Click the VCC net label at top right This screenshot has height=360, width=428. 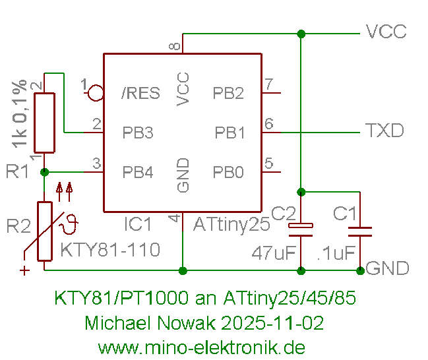tap(386, 32)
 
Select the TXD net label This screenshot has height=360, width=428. tap(384, 131)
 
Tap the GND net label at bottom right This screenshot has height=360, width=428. tap(387, 269)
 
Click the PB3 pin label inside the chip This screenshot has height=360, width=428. tap(138, 133)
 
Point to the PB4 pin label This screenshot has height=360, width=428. tap(138, 173)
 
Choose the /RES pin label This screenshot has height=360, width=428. tap(140, 93)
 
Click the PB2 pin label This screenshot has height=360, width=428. tap(228, 93)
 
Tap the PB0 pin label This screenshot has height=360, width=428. tap(228, 173)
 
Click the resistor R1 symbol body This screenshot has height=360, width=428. tap(44, 123)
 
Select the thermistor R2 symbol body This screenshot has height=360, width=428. tap(44, 231)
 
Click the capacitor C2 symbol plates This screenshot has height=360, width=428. tap(301, 228)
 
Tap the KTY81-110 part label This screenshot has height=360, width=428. tap(110, 251)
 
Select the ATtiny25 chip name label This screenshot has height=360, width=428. tap(231, 225)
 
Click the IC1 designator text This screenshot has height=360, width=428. tap(138, 225)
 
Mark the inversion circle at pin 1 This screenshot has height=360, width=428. tap(96, 92)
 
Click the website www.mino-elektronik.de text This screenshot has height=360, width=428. tap(201, 347)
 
